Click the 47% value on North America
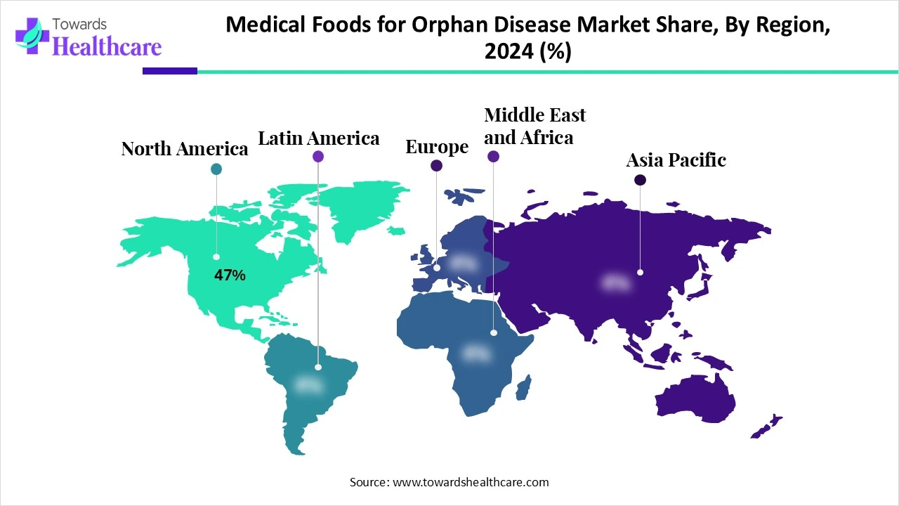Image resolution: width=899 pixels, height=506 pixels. coord(230,275)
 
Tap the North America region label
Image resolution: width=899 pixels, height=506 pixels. coord(185,149)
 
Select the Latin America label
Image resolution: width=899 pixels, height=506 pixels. coord(319,138)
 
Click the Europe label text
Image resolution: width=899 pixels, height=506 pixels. coord(437,147)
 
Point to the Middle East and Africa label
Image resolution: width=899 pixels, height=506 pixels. coord(534,126)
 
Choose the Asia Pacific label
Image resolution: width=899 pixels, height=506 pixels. coord(676,160)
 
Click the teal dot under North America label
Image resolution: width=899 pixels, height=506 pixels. coord(216,169)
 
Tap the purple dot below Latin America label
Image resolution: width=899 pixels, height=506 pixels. coord(318,157)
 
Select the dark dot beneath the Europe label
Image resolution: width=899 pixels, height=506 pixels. coord(436,166)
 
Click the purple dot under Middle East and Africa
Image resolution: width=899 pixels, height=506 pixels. coord(493,157)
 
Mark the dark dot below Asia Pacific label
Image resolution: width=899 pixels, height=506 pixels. coord(640,180)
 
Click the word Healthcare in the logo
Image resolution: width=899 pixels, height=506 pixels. coord(107,46)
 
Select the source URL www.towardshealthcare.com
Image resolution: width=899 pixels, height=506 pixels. coord(468,482)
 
